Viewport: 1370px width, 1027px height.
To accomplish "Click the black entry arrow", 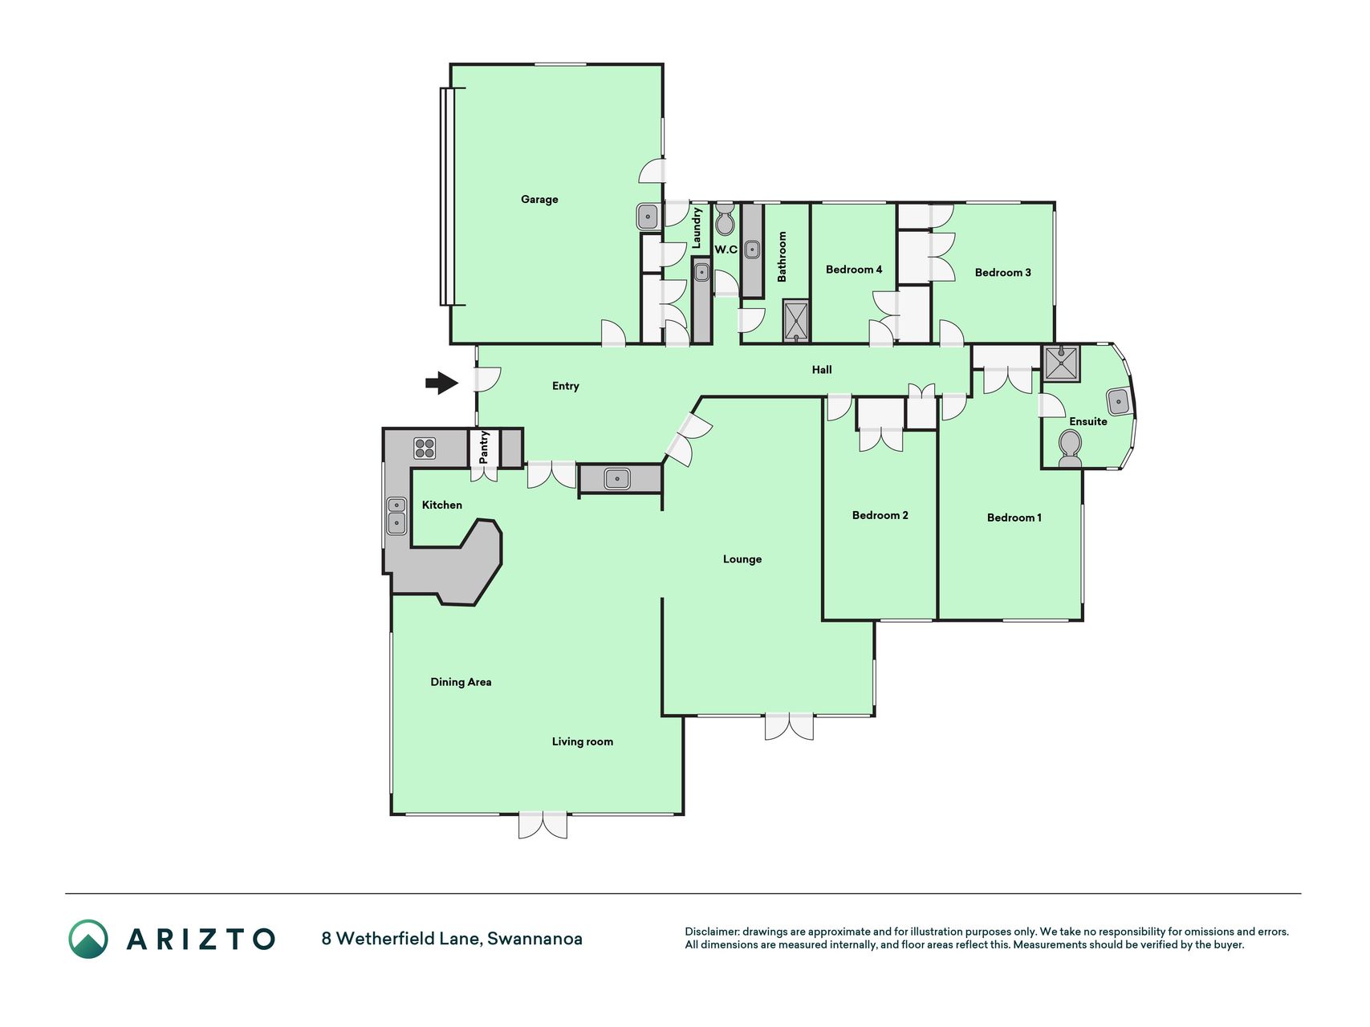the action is tap(441, 384).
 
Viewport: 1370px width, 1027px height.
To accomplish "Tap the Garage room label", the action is tap(539, 199).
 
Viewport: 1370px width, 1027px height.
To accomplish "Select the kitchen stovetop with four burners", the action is tap(425, 449).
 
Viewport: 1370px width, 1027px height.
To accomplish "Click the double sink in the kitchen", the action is tap(396, 516).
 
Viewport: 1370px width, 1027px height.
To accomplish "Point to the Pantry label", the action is tap(484, 448).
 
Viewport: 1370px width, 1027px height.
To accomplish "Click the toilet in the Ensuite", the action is tap(1070, 449).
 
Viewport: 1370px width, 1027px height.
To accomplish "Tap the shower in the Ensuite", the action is tap(1061, 363).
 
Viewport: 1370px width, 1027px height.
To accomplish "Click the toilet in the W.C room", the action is tap(725, 218).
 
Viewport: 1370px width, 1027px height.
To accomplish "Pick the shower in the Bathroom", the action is tap(796, 321).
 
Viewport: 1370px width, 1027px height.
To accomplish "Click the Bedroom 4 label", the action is tap(854, 270).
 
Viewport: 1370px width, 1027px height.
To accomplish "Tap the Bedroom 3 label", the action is tap(1003, 273).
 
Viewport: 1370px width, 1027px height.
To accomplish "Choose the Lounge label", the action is tap(742, 559).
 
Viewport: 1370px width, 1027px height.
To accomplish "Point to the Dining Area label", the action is tap(461, 682).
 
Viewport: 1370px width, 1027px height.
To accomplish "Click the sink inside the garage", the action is tap(648, 216).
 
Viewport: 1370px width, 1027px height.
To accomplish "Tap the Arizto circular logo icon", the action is tap(87, 939).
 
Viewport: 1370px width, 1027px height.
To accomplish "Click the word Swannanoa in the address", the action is tap(535, 938).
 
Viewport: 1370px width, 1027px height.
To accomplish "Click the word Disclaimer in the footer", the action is tap(712, 932).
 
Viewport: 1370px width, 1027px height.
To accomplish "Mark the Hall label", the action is tap(822, 370).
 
